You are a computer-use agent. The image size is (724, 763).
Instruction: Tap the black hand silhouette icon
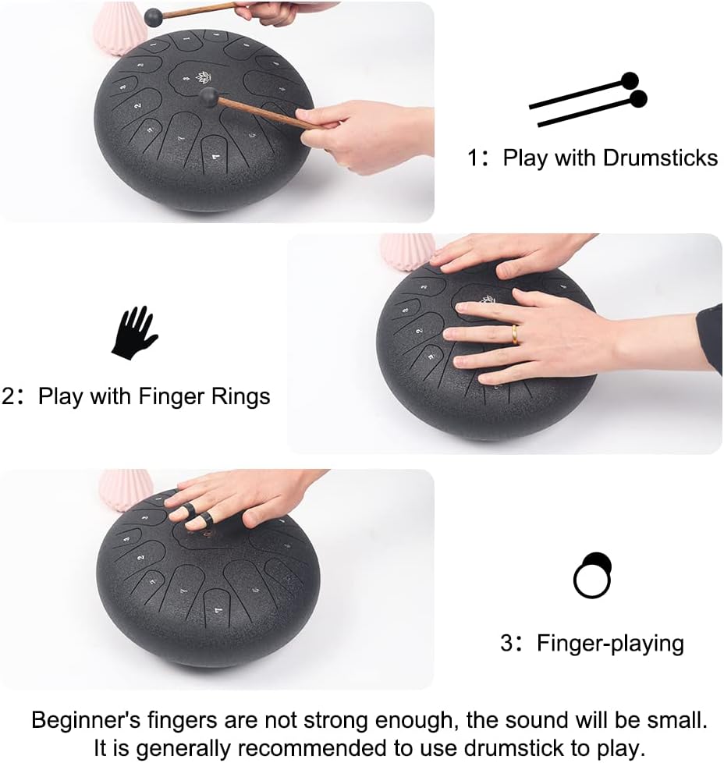click(x=134, y=332)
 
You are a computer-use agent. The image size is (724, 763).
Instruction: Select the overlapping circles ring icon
click(x=592, y=575)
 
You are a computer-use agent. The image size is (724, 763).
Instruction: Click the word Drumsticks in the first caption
click(x=660, y=158)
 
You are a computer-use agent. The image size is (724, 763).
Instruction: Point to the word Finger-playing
click(x=610, y=644)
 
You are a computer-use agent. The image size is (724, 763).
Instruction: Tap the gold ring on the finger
click(x=515, y=334)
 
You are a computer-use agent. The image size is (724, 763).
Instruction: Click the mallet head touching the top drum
click(x=208, y=96)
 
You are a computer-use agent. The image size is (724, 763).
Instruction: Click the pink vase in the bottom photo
click(x=125, y=488)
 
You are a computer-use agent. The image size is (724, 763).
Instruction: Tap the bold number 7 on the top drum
click(x=216, y=157)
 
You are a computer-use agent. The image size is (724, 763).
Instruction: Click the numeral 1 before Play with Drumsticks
click(x=474, y=158)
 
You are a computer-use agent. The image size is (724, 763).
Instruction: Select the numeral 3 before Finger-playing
click(x=507, y=644)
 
